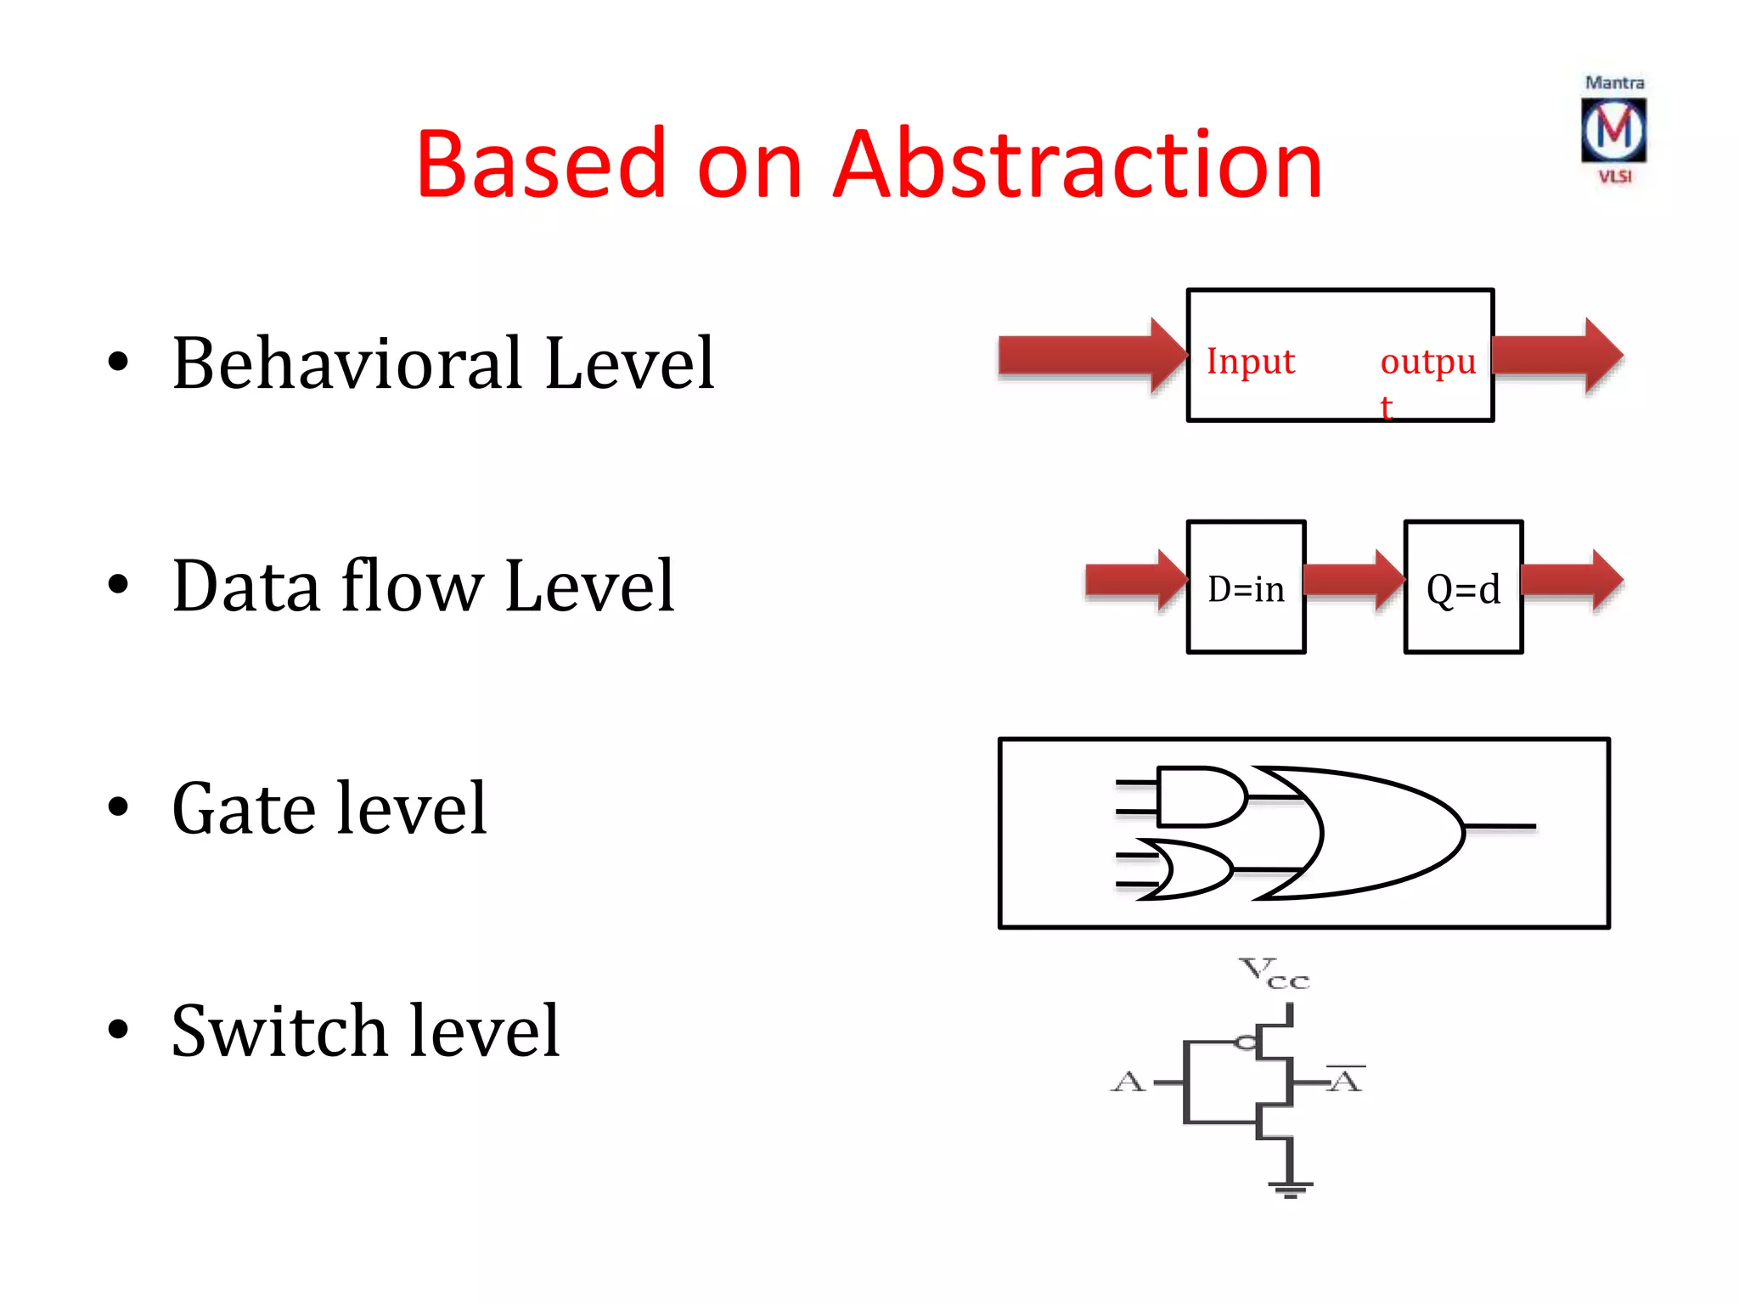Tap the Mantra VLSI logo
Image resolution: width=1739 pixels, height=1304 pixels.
[x=1613, y=130]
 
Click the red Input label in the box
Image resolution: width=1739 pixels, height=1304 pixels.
[x=1250, y=362]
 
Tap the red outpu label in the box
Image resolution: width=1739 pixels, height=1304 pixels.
[x=1427, y=363]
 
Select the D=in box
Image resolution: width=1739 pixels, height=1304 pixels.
[x=1246, y=587]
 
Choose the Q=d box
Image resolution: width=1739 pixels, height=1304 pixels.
[x=1463, y=587]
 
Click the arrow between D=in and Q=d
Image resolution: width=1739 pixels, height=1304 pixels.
[x=1353, y=581]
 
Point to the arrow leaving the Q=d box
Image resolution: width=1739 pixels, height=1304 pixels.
[x=1572, y=581]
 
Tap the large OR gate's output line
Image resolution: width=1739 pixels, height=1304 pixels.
[x=1501, y=825]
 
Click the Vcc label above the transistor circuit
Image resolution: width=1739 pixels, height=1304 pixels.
[x=1274, y=973]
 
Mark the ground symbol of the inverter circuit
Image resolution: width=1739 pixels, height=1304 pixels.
[x=1290, y=1188]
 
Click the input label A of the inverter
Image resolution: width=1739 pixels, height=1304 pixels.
[x=1128, y=1082]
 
